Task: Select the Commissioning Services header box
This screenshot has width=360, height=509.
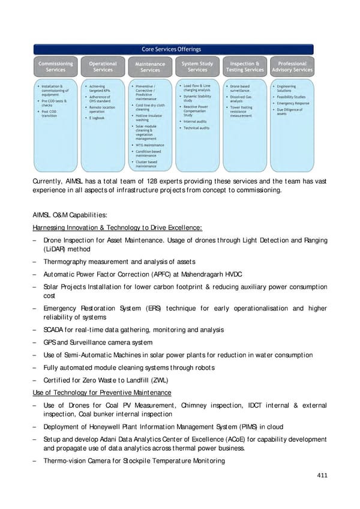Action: click(56, 66)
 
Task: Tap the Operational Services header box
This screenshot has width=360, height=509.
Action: click(103, 66)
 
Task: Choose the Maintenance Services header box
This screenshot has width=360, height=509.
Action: click(150, 67)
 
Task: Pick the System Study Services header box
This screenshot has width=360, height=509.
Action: click(197, 66)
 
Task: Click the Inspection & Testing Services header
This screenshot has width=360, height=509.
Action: click(245, 66)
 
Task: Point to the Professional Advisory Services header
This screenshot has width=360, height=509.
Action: click(292, 66)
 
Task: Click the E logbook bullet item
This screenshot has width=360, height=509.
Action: click(97, 118)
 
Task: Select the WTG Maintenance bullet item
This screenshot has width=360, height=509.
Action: click(149, 145)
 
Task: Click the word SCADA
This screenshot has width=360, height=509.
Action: click(52, 330)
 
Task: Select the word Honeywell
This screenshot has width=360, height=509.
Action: click(103, 427)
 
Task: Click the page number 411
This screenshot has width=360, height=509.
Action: click(322, 475)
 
